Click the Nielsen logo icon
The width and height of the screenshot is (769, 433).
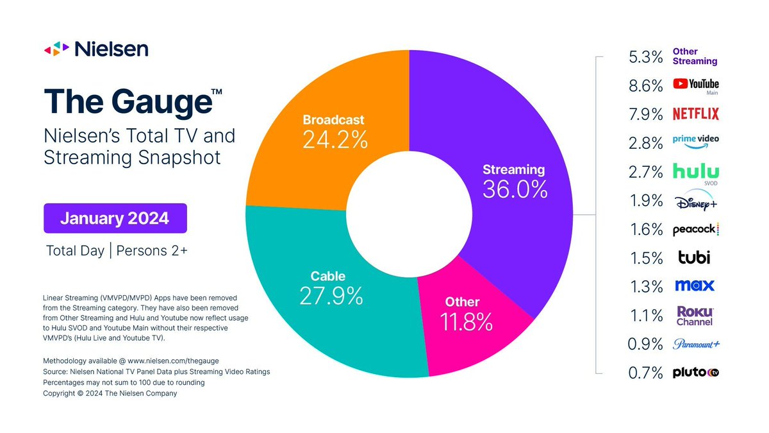pyautogui.click(x=56, y=49)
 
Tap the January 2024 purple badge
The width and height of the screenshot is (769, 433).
pyautogui.click(x=115, y=218)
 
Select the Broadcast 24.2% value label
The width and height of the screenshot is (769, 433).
pyautogui.click(x=335, y=140)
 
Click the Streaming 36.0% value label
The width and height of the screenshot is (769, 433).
pyautogui.click(x=515, y=189)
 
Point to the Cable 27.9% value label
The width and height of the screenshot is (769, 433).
pyautogui.click(x=331, y=295)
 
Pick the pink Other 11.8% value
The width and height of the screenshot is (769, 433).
pyautogui.click(x=466, y=321)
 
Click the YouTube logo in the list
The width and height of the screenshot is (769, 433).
pyautogui.click(x=695, y=84)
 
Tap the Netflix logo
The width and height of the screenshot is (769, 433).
pyautogui.click(x=695, y=114)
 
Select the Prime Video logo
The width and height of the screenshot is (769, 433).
pyautogui.click(x=695, y=142)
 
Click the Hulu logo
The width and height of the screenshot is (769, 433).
pyautogui.click(x=695, y=171)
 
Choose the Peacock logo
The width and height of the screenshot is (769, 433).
pyautogui.click(x=695, y=230)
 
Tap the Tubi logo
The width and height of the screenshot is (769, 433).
pyautogui.click(x=694, y=258)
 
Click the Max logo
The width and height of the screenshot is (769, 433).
pyautogui.click(x=694, y=285)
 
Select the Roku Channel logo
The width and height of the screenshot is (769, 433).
pyautogui.click(x=695, y=315)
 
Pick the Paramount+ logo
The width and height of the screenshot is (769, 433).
pyautogui.click(x=696, y=344)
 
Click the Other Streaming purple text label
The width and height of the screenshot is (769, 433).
pyautogui.click(x=694, y=56)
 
